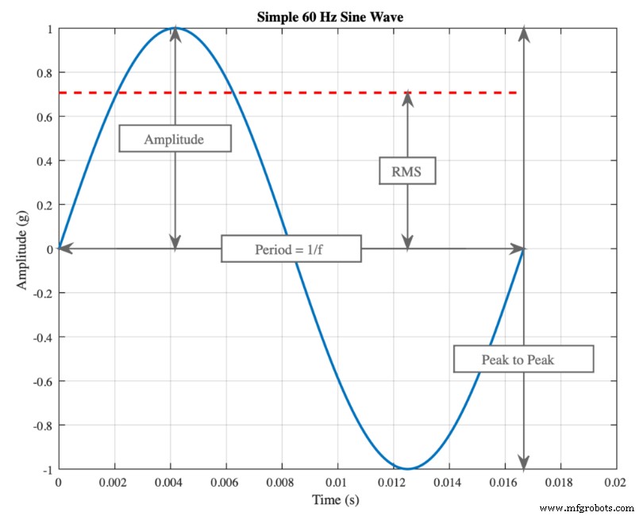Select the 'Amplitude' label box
coord(175,139)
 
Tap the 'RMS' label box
coord(407,171)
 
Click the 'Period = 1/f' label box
coord(291,249)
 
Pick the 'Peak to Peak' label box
coord(523,359)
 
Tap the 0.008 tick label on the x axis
coord(281,482)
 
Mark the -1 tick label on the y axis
coord(45,470)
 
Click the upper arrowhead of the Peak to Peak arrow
coord(523,33)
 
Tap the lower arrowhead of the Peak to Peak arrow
coord(523,463)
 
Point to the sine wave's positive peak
coord(175,29)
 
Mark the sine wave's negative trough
coord(407,468)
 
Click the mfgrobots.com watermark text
coord(587,506)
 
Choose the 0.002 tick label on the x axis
coord(114,482)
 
